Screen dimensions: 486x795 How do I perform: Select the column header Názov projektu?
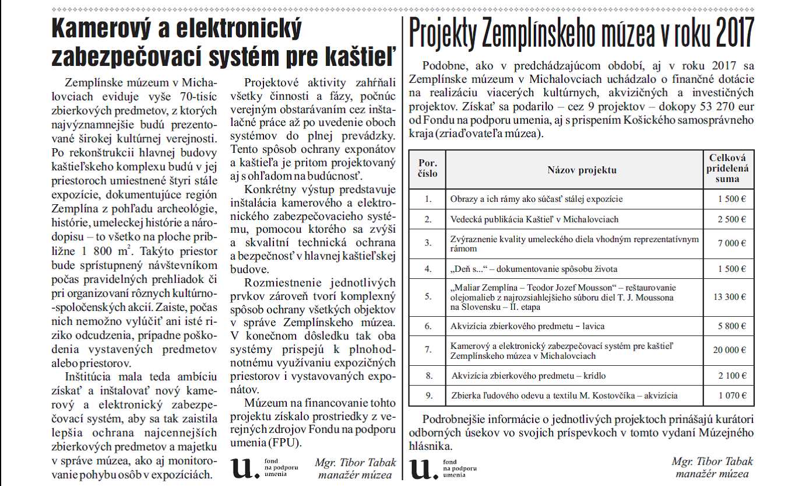(x=574, y=170)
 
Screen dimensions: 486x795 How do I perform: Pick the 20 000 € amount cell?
(x=729, y=351)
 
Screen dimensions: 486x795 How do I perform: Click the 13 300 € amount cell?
(x=729, y=296)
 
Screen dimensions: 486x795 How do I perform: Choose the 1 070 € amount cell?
(x=729, y=396)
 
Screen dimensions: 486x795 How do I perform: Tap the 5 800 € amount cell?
(x=729, y=326)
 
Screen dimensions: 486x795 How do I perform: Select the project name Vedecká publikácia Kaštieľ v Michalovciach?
(x=534, y=219)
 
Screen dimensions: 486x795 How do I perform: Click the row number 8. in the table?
(x=428, y=375)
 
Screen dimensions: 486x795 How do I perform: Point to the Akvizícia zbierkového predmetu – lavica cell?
(x=527, y=326)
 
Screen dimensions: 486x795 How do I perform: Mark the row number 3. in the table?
(x=428, y=243)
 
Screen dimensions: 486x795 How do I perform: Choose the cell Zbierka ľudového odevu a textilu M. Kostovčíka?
(x=564, y=396)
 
